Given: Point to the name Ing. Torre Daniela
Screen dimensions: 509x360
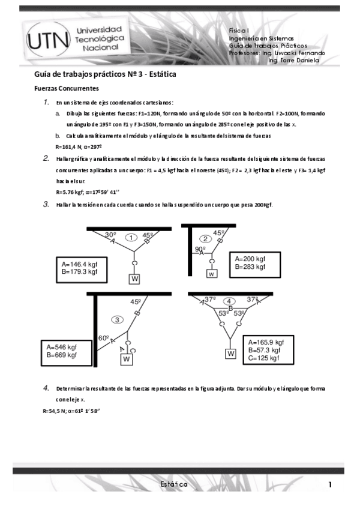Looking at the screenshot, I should [294, 60].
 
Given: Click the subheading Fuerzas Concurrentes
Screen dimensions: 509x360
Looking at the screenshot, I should [66, 88].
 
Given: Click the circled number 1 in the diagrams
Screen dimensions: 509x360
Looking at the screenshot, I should [130, 238].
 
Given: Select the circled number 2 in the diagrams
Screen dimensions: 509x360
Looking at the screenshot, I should [205, 238].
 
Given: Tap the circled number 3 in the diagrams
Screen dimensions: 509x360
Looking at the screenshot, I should [118, 319].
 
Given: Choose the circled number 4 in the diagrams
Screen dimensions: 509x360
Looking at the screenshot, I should [229, 301].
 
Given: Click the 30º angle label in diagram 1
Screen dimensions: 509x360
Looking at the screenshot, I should [110, 235].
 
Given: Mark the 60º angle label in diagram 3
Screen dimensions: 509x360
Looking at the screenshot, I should [103, 339].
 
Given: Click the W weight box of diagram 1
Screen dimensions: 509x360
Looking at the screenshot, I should [135, 279].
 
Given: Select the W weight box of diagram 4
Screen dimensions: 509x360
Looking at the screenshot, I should [230, 354].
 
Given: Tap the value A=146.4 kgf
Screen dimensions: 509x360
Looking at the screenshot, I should [78, 264].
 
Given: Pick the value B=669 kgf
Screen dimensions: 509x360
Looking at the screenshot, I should [62, 355].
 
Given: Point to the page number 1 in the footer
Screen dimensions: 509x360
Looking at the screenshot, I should [330, 484].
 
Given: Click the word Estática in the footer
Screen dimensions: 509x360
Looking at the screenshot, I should [174, 484].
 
